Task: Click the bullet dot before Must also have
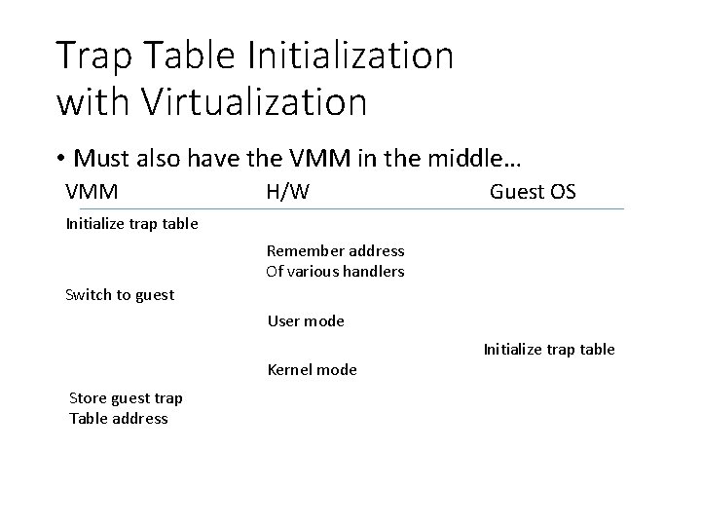pyautogui.click(x=60, y=158)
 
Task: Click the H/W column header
pyautogui.click(x=287, y=192)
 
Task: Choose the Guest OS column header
pyautogui.click(x=533, y=192)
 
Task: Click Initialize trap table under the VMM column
pyautogui.click(x=131, y=224)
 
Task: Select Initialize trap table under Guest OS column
pyautogui.click(x=549, y=350)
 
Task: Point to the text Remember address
pyautogui.click(x=335, y=251)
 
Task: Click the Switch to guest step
pyautogui.click(x=120, y=295)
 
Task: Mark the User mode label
pyautogui.click(x=306, y=321)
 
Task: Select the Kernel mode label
pyautogui.click(x=312, y=370)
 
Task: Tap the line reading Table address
pyautogui.click(x=119, y=419)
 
